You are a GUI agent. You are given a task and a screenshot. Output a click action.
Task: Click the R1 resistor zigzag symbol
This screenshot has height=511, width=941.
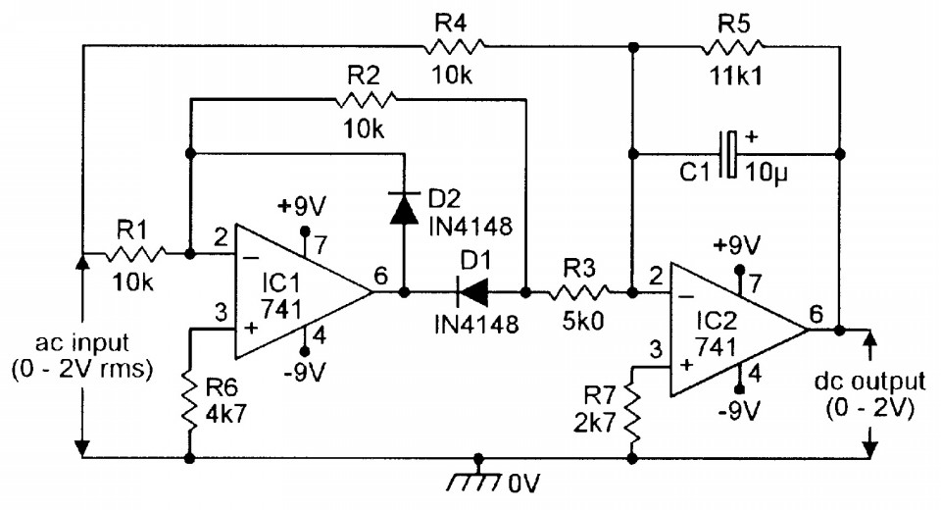[x=135, y=254]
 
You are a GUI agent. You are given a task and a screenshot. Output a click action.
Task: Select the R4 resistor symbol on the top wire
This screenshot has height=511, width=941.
[x=454, y=46]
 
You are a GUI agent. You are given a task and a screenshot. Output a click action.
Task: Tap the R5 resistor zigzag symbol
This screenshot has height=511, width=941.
[x=733, y=46]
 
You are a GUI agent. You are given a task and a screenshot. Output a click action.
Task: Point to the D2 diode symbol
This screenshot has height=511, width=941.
[x=404, y=208]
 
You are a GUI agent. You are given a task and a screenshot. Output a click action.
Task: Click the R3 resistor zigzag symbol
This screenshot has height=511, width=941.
[x=578, y=293]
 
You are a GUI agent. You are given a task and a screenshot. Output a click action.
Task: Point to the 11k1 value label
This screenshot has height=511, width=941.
[x=736, y=77]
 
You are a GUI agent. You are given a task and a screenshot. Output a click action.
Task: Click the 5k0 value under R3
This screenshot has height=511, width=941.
[x=582, y=322]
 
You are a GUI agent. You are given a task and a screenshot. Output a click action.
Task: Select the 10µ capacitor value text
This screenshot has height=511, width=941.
[x=767, y=173]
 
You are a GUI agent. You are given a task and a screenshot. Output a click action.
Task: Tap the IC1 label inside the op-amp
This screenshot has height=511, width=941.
[x=280, y=281]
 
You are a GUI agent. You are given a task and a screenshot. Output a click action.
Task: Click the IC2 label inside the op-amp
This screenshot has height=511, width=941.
[x=717, y=321]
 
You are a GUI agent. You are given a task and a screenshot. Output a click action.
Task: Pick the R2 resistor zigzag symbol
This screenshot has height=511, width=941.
[x=366, y=98]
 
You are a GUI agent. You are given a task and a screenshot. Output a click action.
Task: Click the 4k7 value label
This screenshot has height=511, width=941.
[x=225, y=414]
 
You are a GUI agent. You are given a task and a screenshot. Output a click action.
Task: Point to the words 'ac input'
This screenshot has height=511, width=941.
[x=82, y=343]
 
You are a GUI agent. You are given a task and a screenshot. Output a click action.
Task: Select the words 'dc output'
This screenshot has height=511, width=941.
[x=869, y=382]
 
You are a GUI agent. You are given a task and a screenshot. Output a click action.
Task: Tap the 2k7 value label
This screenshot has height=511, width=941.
[x=595, y=423]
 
